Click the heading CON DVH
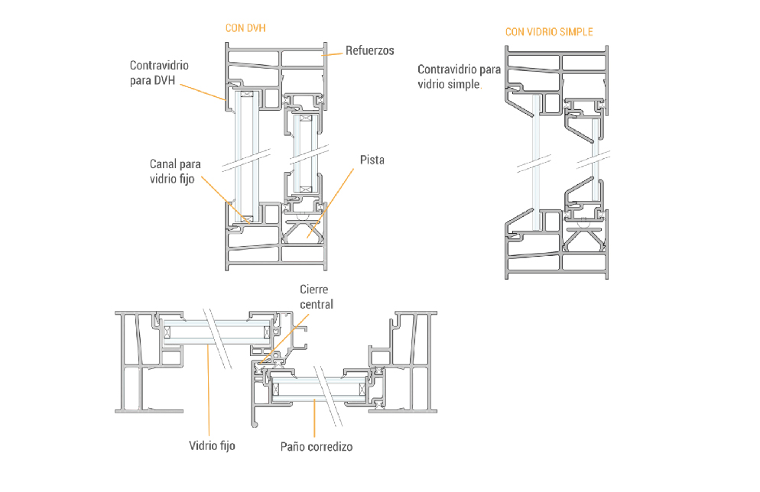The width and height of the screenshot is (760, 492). point(245,28)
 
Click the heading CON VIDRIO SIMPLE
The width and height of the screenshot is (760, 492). point(548,32)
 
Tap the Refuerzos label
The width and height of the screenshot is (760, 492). point(369,50)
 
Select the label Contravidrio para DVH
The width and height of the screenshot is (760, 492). point(159,73)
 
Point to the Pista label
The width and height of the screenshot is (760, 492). point(372,160)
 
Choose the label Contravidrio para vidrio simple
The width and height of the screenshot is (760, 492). point(459,76)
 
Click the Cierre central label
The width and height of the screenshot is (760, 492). point(317,297)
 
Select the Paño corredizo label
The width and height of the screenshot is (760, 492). point(317,446)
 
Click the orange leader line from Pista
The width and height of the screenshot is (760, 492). point(333,202)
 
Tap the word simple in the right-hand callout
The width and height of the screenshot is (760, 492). point(464,84)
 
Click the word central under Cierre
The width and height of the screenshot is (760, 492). point(317,304)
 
